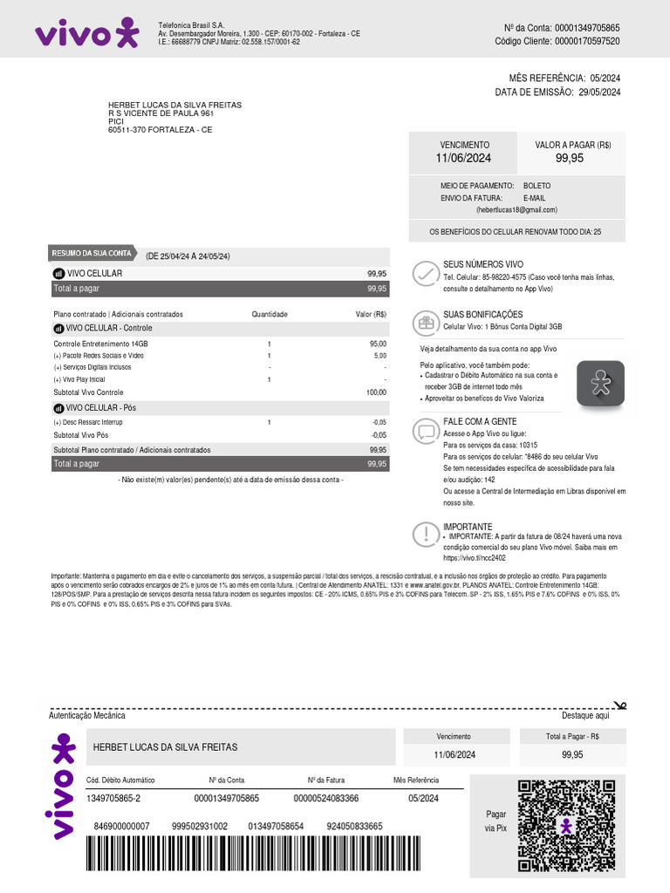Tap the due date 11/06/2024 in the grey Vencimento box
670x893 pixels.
(464, 158)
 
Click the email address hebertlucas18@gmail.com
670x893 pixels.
(516, 210)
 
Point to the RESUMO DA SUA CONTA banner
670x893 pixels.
(92, 254)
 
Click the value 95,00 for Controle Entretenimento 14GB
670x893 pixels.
(378, 344)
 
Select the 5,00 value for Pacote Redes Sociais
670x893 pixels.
(380, 356)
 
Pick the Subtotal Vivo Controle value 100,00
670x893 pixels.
(376, 392)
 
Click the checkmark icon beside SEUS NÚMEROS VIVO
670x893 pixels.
(426, 274)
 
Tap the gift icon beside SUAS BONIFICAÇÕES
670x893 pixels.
(426, 323)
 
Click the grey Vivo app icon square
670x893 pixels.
(600, 385)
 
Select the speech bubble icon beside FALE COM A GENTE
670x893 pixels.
(426, 431)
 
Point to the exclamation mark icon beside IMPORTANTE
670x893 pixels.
(426, 534)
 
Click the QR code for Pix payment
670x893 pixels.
(566, 825)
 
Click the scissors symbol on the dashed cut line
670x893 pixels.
(619, 705)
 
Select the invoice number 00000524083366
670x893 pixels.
(326, 798)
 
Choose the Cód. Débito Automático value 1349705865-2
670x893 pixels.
(113, 798)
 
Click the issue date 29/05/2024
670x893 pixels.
(599, 92)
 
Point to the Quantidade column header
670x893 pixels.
(270, 314)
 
